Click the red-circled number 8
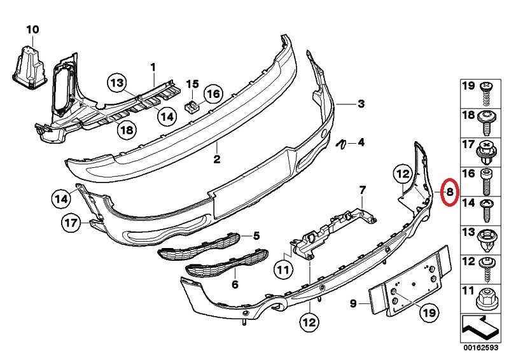(450, 192)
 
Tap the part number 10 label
(32, 30)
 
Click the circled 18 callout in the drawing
(127, 130)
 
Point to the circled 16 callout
(213, 94)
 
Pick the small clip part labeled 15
(192, 106)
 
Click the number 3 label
(361, 104)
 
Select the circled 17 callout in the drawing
(71, 223)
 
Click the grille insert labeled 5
(199, 246)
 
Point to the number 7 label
(362, 190)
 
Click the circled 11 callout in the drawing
(283, 269)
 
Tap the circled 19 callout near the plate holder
(428, 312)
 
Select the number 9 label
(353, 303)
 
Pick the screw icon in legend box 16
(486, 181)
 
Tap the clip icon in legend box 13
(486, 240)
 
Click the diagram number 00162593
(481, 348)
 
